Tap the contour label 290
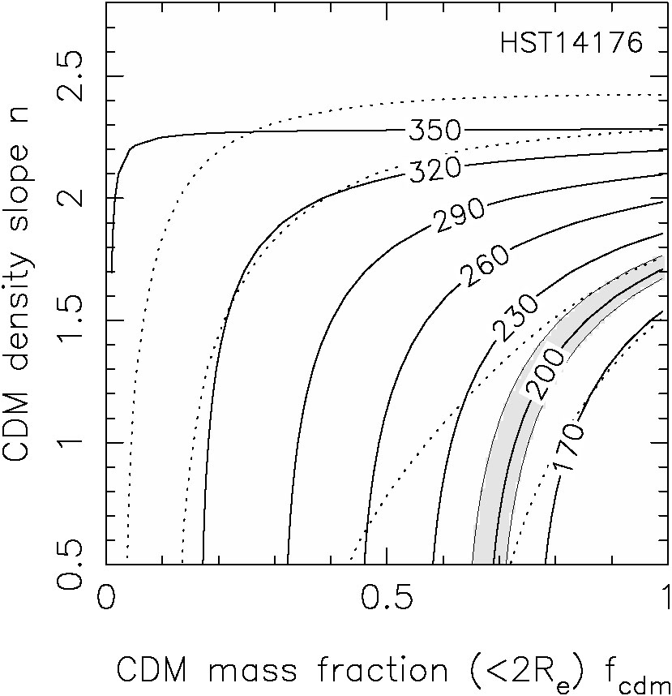(459, 215)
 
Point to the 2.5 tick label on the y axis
(69, 75)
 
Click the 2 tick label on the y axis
(69, 198)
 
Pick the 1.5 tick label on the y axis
(69, 320)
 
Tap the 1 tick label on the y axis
(69, 443)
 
